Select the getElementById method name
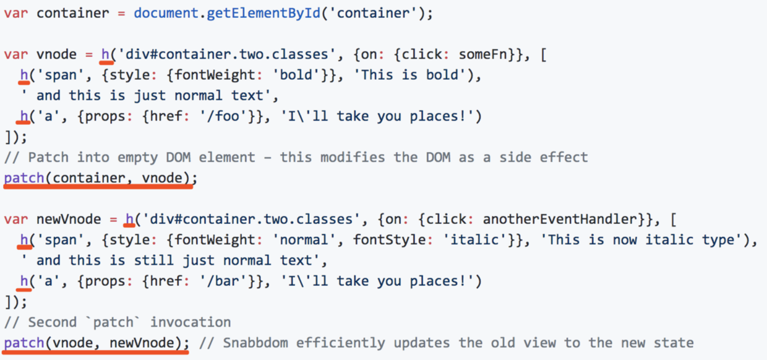point(263,13)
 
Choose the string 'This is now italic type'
point(643,239)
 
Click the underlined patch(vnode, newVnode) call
point(96,343)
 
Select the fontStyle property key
point(385,239)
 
